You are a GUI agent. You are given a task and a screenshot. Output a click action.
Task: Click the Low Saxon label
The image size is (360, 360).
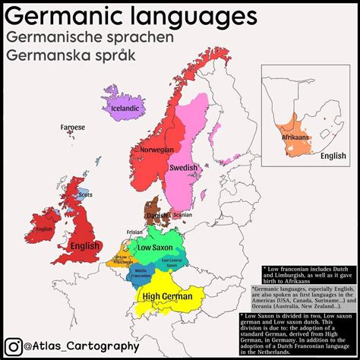pyautogui.click(x=156, y=248)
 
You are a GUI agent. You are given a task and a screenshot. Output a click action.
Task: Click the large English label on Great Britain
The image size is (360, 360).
pyautogui.click(x=85, y=246)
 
